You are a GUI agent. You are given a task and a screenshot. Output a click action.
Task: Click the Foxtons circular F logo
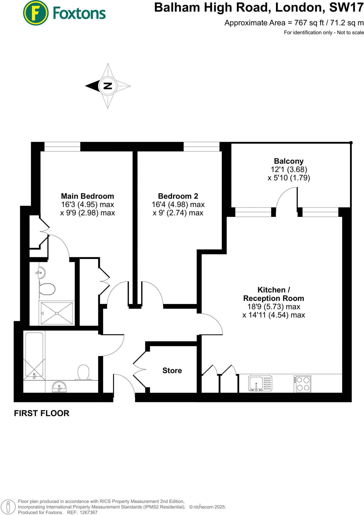(x=35, y=13)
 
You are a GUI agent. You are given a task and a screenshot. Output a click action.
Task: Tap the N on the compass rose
(x=108, y=86)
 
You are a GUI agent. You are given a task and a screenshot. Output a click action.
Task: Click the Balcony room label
(x=288, y=161)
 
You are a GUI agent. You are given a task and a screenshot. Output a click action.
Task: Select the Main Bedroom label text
(x=87, y=196)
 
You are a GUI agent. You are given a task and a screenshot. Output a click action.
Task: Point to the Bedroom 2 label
(x=178, y=196)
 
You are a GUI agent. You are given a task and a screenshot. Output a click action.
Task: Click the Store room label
(x=172, y=370)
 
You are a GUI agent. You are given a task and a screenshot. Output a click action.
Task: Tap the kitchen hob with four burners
(x=302, y=384)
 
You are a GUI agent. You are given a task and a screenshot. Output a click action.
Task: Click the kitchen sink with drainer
(x=260, y=383)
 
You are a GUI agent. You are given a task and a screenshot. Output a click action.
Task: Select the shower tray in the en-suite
(x=57, y=313)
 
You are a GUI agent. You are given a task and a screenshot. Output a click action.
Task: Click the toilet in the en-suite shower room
(x=47, y=289)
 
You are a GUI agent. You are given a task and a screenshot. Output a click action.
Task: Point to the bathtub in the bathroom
(x=34, y=355)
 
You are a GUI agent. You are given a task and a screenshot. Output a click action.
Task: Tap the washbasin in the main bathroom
(x=59, y=387)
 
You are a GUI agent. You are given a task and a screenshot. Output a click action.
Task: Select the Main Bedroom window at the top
(x=62, y=146)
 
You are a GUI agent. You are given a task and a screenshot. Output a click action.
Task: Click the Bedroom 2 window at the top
(x=201, y=146)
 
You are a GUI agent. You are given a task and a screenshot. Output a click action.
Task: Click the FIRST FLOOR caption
(x=42, y=413)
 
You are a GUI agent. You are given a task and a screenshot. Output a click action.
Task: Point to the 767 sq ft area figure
(x=309, y=23)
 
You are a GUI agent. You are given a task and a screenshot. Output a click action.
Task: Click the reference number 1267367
(x=88, y=512)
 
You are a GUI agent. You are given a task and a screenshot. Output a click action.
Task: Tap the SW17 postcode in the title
(x=346, y=8)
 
